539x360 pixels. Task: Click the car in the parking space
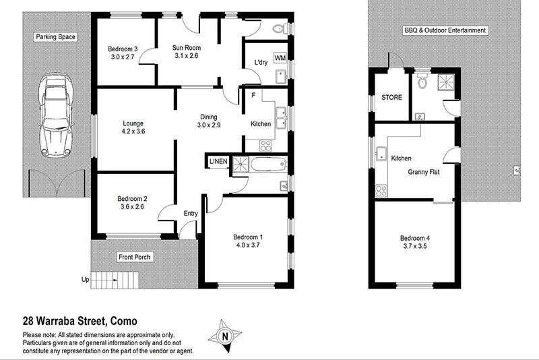57,113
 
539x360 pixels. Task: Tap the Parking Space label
57,37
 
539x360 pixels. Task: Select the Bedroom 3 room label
123,49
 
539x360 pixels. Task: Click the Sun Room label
186,48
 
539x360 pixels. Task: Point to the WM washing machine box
280,58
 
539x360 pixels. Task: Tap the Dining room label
209,117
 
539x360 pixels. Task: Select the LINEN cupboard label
218,162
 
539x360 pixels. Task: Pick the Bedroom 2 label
132,198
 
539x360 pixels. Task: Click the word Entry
191,214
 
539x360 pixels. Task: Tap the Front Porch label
135,258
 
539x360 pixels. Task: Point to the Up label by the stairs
85,279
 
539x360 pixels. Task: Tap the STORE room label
391,98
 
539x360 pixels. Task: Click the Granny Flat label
424,172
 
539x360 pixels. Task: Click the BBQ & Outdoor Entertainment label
445,30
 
